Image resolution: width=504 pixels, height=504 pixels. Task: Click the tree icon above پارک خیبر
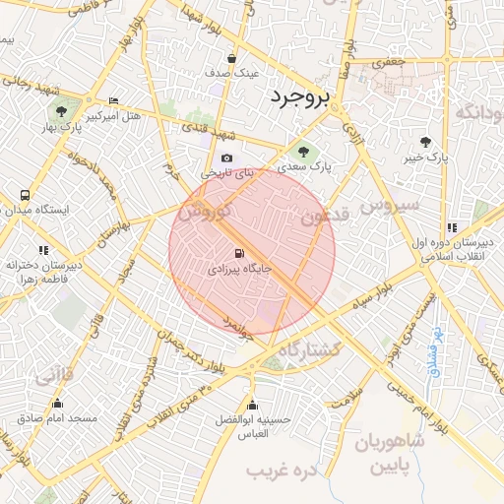tap(425, 142)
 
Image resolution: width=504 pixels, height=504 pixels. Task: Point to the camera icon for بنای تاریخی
tap(227, 158)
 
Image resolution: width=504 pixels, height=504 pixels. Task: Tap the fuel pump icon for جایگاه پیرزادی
tap(240, 253)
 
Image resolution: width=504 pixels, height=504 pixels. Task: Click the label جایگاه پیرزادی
tap(236, 268)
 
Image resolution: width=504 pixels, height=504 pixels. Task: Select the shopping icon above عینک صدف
tap(231, 58)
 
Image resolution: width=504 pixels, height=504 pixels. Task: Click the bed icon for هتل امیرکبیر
tap(114, 101)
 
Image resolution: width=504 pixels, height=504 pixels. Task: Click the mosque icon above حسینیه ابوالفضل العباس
tap(252, 405)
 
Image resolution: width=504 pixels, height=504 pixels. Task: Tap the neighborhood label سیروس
tap(390, 206)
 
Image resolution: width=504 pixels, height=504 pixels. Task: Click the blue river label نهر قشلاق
tap(434, 350)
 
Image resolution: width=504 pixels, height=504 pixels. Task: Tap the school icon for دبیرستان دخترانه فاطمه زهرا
tap(42, 251)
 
